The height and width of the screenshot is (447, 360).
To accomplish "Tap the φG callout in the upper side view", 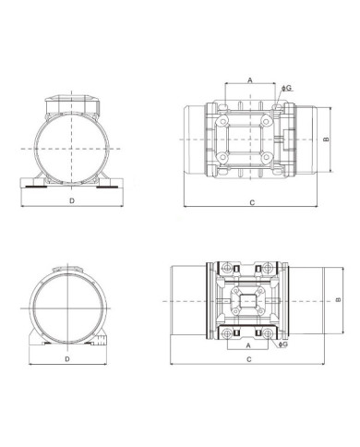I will tap(287, 88).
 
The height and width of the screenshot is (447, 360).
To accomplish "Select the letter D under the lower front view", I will tap(66, 358).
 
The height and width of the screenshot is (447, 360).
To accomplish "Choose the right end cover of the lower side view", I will tap(310, 299).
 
